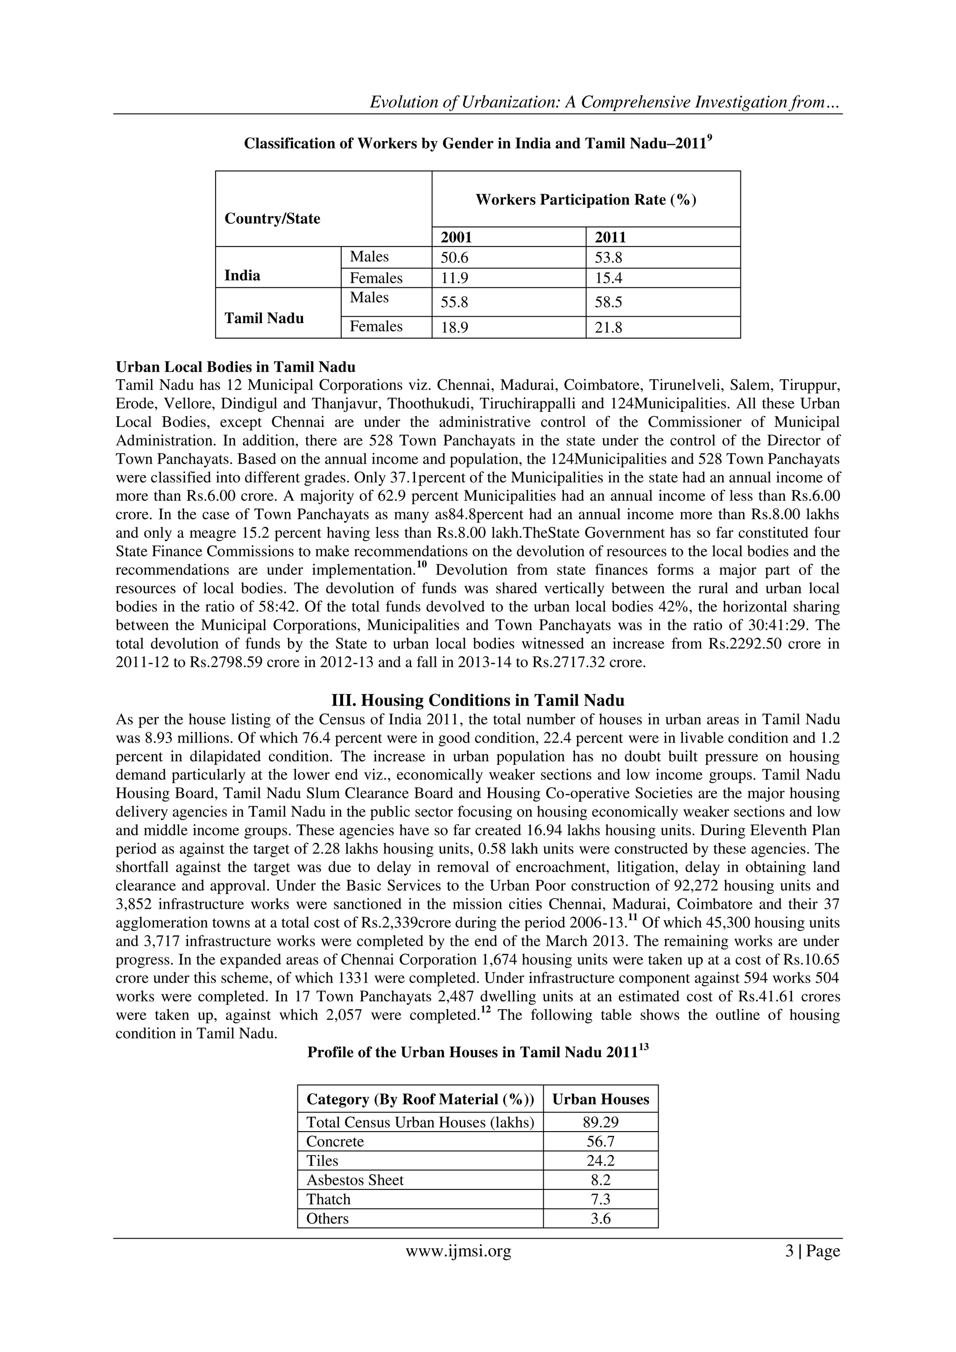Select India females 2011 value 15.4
(608, 278)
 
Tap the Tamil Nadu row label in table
(264, 319)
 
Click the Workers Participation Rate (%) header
(586, 199)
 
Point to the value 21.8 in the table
(608, 328)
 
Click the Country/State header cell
(273, 219)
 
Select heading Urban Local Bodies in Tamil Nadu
(235, 368)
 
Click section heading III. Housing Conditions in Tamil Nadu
(478, 700)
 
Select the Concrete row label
(335, 1142)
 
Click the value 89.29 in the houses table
(600, 1122)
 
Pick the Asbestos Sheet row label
(355, 1180)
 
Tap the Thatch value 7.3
(600, 1199)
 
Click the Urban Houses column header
(600, 1099)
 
